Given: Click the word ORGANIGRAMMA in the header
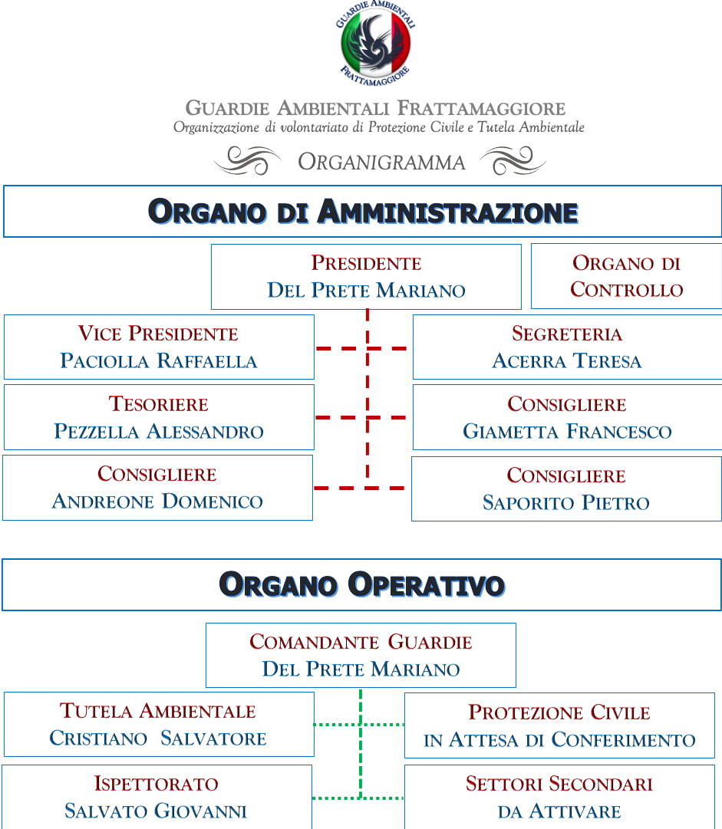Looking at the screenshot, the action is click(x=381, y=162).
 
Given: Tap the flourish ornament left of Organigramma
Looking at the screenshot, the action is click(x=248, y=160).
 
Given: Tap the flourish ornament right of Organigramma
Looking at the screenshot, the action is click(x=513, y=160).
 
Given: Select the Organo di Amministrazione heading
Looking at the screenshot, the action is click(x=363, y=212).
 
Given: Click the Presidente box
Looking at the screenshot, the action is click(x=366, y=277).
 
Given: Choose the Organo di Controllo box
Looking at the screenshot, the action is click(x=626, y=276).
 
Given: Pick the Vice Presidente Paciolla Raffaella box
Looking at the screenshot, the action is click(x=159, y=347).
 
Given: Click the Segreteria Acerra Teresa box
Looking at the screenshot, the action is click(x=567, y=347).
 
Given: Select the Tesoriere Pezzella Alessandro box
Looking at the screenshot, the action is click(x=159, y=417).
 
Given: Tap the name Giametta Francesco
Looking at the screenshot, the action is click(x=567, y=432).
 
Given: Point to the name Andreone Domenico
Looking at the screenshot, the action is click(x=157, y=502).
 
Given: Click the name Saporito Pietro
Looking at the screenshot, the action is click(x=566, y=503).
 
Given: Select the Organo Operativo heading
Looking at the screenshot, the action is click(x=362, y=584).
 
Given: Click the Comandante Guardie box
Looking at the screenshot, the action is click(x=361, y=655).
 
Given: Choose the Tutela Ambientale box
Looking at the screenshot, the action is click(x=159, y=724).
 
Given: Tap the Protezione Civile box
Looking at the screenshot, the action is click(x=559, y=725).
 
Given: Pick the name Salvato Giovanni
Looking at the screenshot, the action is click(x=156, y=811).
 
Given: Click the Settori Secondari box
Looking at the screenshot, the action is click(x=559, y=797).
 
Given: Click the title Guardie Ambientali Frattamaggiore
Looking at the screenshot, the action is click(x=375, y=108).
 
